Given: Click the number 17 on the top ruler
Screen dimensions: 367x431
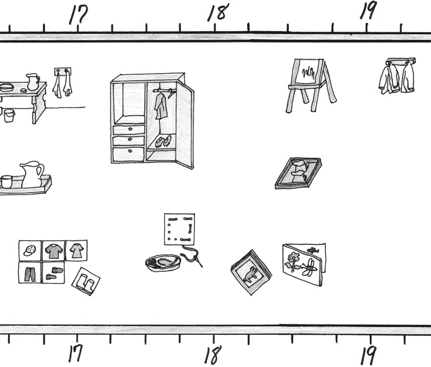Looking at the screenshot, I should click(78, 15).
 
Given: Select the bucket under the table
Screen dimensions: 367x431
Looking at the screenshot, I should click(9, 115).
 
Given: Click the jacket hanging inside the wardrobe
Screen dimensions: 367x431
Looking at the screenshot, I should click(160, 105).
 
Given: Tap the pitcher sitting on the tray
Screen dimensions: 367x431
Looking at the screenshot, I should click(32, 174).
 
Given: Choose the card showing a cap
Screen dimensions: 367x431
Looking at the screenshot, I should click(30, 251).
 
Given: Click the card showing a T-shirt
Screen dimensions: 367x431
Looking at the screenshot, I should click(53, 251).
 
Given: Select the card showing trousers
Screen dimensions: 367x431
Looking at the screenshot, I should click(30, 272).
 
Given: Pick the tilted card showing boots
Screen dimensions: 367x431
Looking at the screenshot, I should click(86, 282).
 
